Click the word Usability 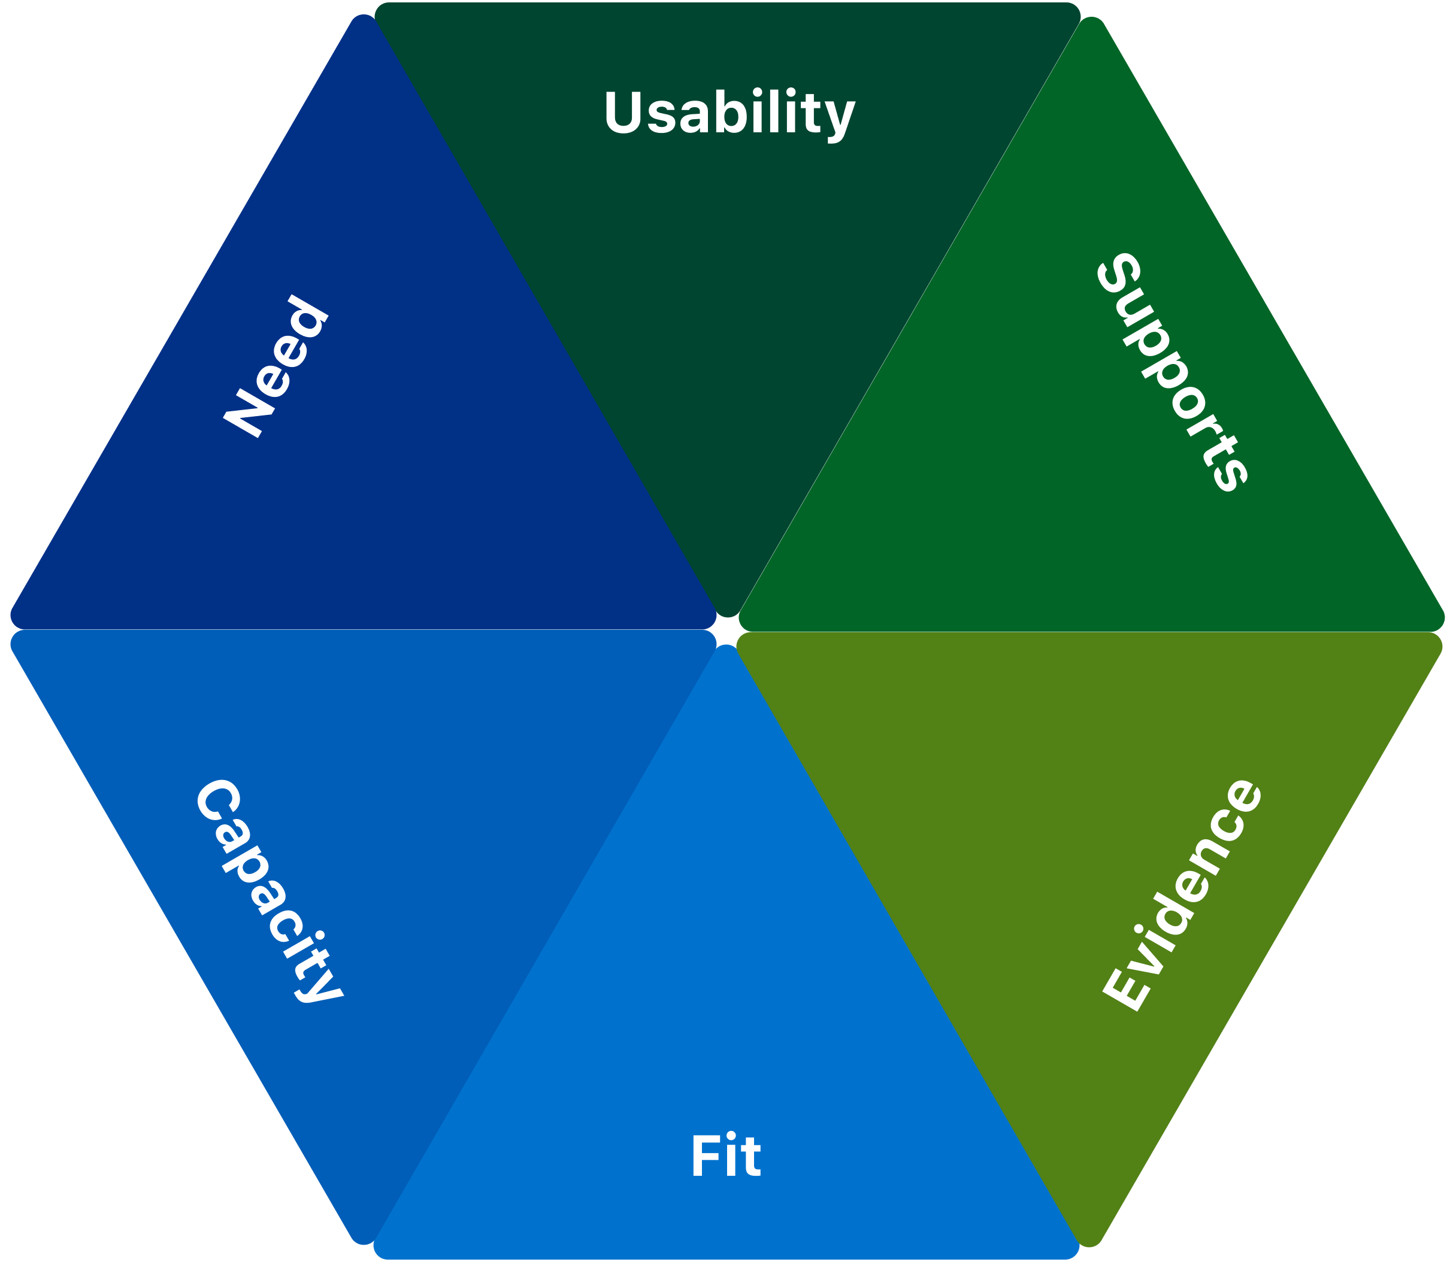click(729, 113)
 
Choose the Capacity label click(269, 891)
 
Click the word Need click(276, 366)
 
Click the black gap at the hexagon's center click(727, 630)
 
